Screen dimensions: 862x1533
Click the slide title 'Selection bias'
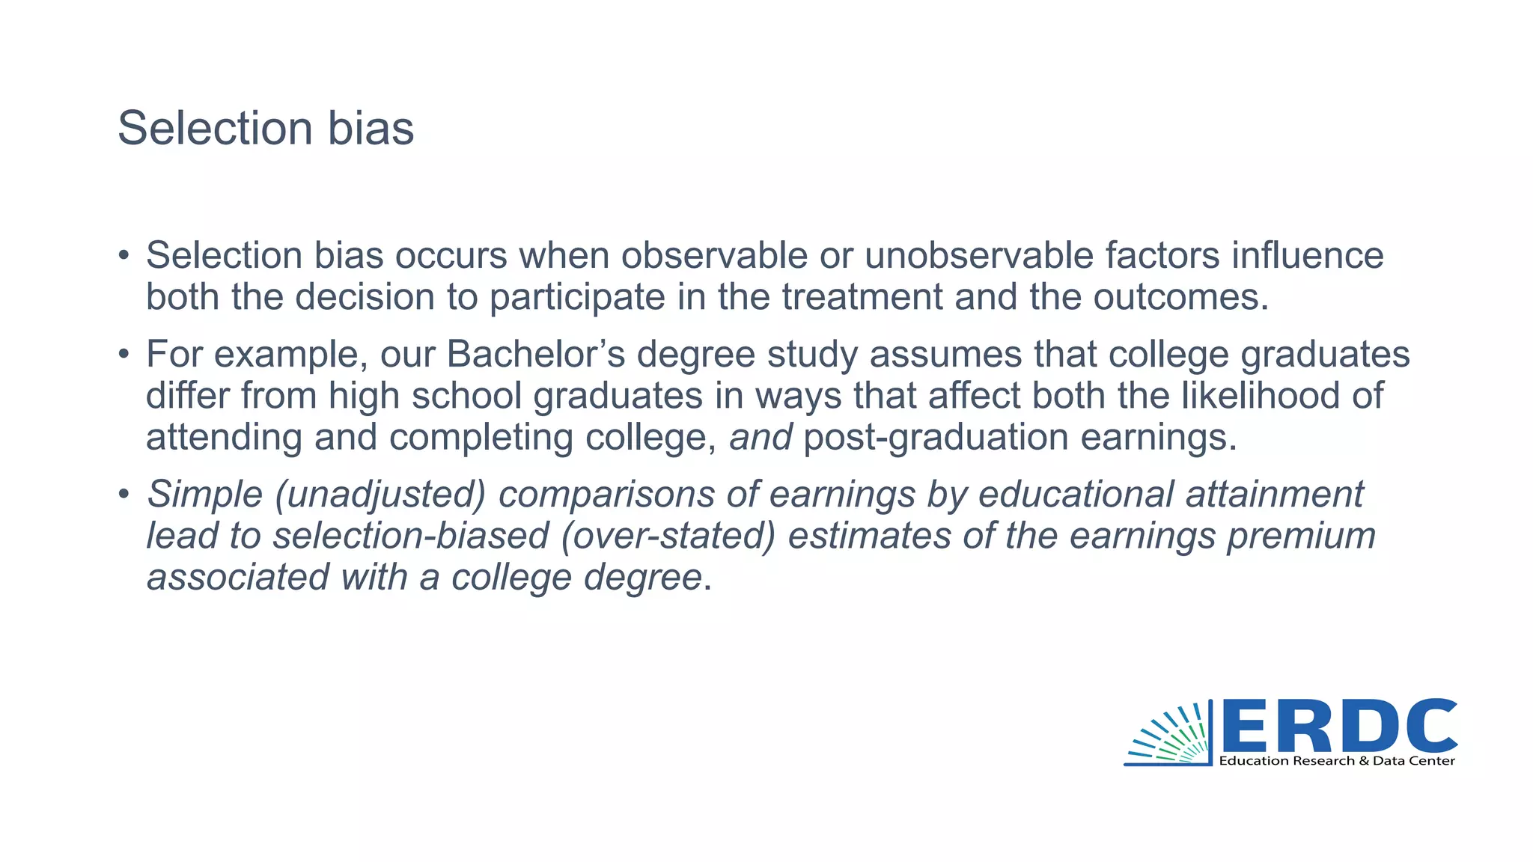266,128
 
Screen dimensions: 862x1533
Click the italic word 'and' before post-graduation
761,437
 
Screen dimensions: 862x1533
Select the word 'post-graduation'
936,437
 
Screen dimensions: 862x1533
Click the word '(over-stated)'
668,536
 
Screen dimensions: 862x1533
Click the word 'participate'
577,297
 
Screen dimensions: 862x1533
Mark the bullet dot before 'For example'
124,354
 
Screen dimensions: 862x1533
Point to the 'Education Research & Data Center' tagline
1337,761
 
